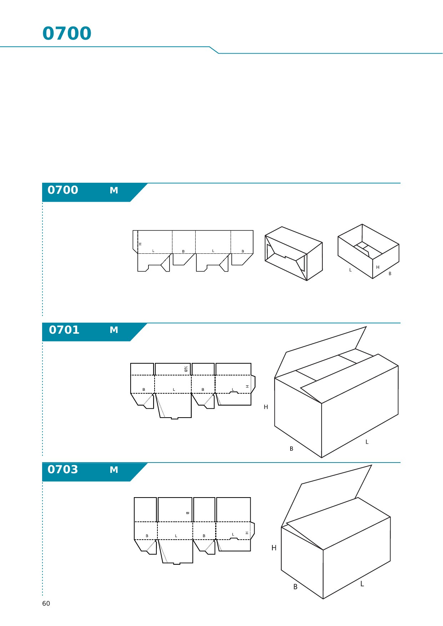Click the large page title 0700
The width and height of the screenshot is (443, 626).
point(67,34)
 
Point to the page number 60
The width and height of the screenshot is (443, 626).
point(46,604)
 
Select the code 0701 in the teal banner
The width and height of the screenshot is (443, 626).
point(64,330)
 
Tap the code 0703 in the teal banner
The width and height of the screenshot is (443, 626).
point(63,469)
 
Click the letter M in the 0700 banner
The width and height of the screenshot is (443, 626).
point(114,191)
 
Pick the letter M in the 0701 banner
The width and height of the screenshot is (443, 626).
point(114,330)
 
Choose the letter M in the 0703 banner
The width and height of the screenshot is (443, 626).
point(114,470)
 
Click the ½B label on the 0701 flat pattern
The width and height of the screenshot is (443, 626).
point(186,369)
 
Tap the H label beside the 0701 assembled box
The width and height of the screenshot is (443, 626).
point(266,407)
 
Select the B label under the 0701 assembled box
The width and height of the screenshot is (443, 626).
point(292,449)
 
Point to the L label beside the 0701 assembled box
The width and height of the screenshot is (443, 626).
point(367,442)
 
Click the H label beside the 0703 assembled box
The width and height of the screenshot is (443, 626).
point(274,548)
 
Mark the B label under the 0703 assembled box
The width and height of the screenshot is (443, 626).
point(295,587)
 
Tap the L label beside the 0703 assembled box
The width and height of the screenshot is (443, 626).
point(362,584)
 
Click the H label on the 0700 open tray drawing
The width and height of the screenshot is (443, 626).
point(378,267)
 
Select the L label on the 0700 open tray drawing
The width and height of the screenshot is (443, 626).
point(351,270)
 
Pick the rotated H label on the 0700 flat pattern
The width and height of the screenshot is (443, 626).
point(140,244)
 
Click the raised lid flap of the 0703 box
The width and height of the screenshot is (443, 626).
point(327,496)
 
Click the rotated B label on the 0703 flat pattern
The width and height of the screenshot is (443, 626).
point(187,513)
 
